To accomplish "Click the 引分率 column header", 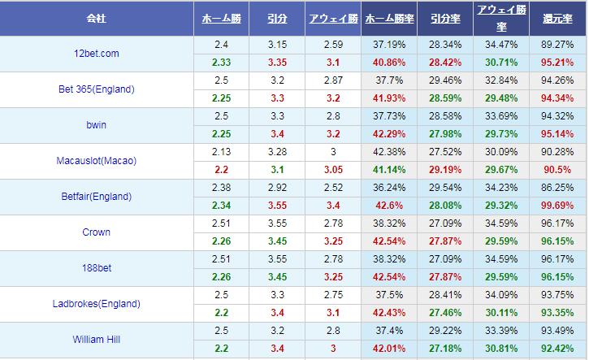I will (x=444, y=18).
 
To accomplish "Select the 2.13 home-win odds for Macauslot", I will (x=221, y=151).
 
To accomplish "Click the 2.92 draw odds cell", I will (x=276, y=188).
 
